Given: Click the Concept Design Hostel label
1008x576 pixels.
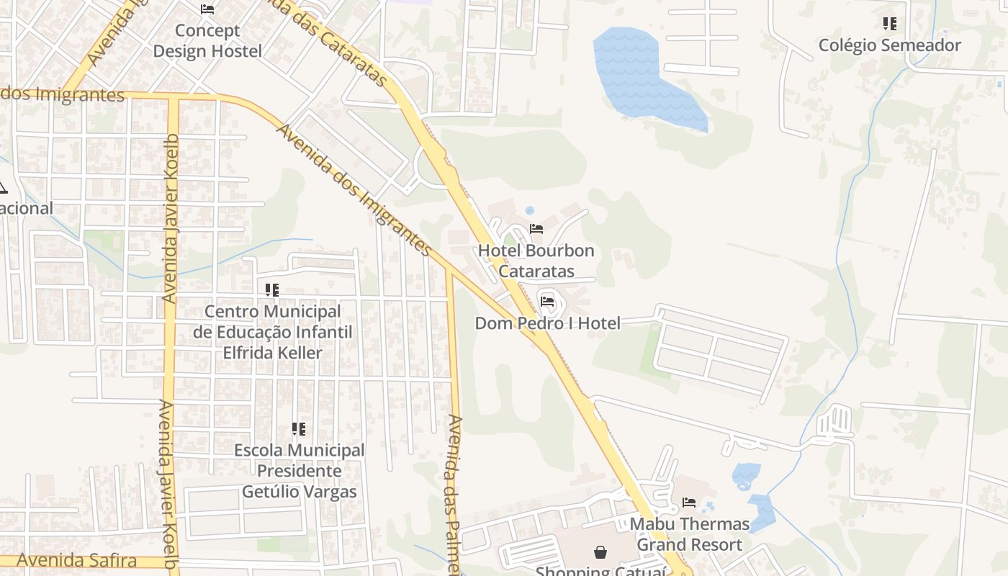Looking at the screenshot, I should [207, 41].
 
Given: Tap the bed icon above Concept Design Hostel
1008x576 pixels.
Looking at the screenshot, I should [207, 9].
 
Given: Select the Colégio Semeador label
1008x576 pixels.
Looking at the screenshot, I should [889, 45].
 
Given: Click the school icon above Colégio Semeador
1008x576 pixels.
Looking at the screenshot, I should [890, 24].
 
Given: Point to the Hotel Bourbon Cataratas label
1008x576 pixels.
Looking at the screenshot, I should [536, 261].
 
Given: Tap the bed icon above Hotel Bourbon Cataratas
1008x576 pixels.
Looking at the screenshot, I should [536, 229].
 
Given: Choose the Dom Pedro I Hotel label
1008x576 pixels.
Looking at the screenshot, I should [547, 323].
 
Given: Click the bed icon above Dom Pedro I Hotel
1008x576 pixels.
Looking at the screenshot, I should [547, 301].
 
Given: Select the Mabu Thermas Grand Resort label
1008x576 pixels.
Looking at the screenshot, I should [689, 534].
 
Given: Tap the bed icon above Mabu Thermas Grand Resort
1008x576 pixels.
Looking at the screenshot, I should [689, 502].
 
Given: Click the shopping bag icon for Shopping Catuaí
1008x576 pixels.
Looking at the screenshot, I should [600, 552].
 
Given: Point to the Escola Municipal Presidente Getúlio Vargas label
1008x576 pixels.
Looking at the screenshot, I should [300, 471].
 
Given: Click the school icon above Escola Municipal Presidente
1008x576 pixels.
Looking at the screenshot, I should [299, 429].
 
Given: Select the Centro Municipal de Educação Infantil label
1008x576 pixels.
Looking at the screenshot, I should [273, 332].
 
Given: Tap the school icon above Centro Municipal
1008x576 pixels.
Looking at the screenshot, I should [272, 290].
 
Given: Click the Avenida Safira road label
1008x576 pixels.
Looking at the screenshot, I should [77, 559].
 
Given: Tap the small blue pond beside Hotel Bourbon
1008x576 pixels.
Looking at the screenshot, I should [530, 211].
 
